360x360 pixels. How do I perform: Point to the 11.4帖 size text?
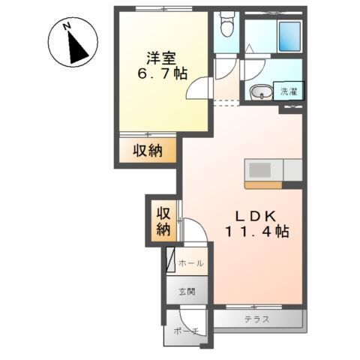coord(256,232)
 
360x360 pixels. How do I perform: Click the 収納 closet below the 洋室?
coord(148,151)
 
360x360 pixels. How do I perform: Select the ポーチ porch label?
coord(185,331)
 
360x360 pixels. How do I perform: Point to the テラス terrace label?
coord(256,319)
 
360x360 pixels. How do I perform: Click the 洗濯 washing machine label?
coord(289,91)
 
